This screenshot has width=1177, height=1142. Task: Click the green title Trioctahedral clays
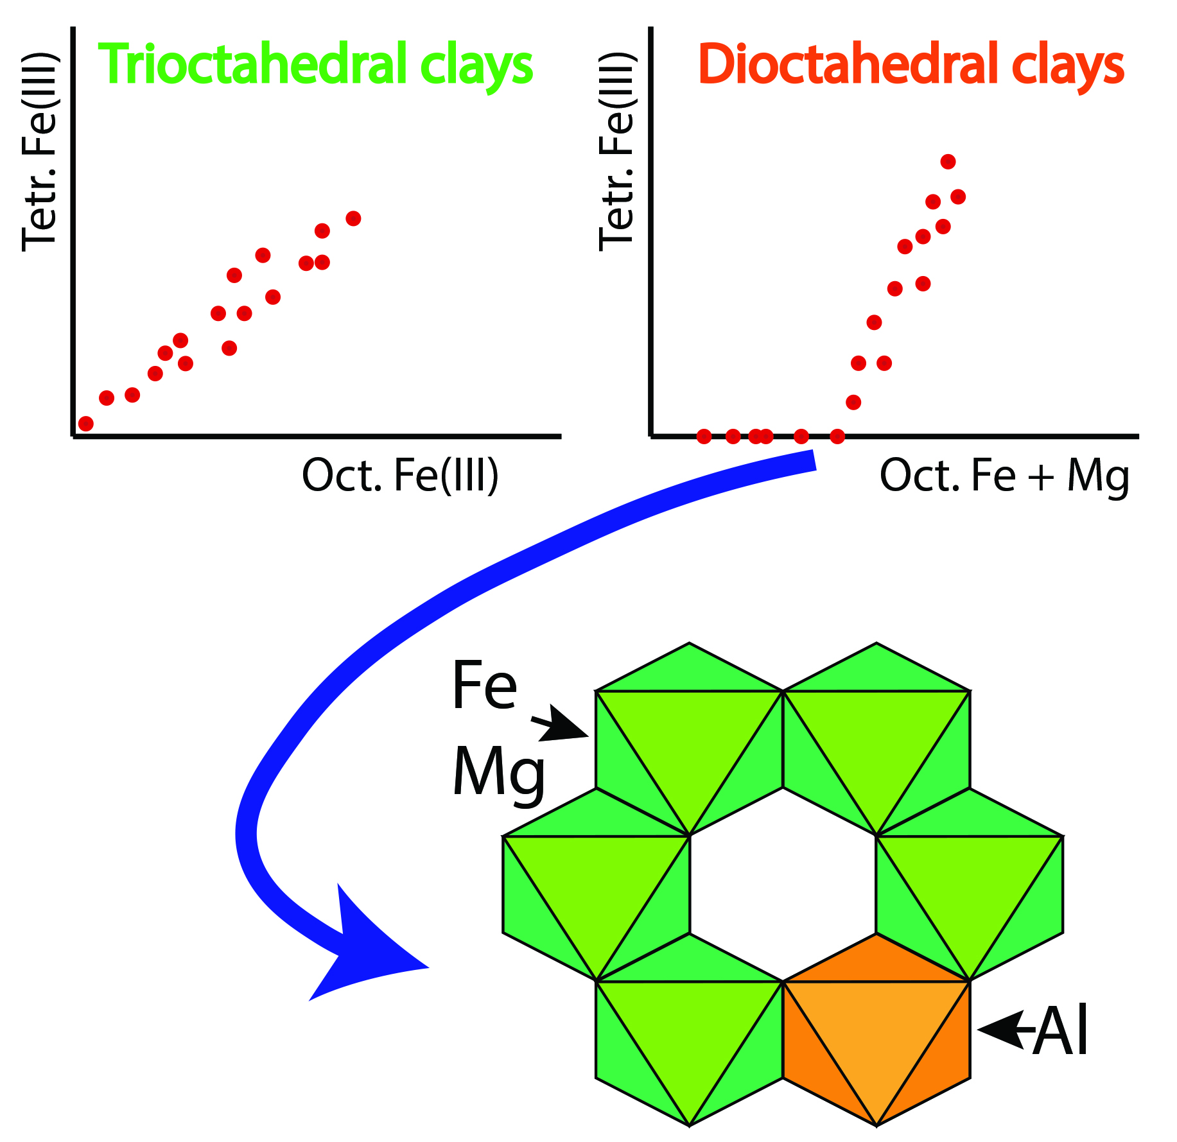[x=315, y=64]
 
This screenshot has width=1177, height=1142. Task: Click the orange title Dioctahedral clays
[x=911, y=64]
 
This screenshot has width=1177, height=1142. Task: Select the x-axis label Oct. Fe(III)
[x=400, y=476]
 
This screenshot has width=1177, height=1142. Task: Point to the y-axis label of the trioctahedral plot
[x=40, y=152]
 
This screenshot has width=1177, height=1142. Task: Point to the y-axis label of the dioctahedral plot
[x=616, y=152]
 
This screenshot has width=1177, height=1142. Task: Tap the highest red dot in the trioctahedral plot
[x=353, y=218]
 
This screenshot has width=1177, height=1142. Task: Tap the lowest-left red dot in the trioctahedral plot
[x=85, y=424]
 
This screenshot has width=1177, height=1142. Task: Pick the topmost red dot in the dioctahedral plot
[x=948, y=162]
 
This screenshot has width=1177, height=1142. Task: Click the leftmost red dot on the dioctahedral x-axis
[x=704, y=437]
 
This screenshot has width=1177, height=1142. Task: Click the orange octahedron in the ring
[x=876, y=1029]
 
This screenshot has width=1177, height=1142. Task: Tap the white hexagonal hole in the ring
[x=783, y=884]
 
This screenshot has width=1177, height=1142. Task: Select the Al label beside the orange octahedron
[x=1061, y=1031]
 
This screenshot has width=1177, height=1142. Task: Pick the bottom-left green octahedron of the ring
[x=689, y=1029]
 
